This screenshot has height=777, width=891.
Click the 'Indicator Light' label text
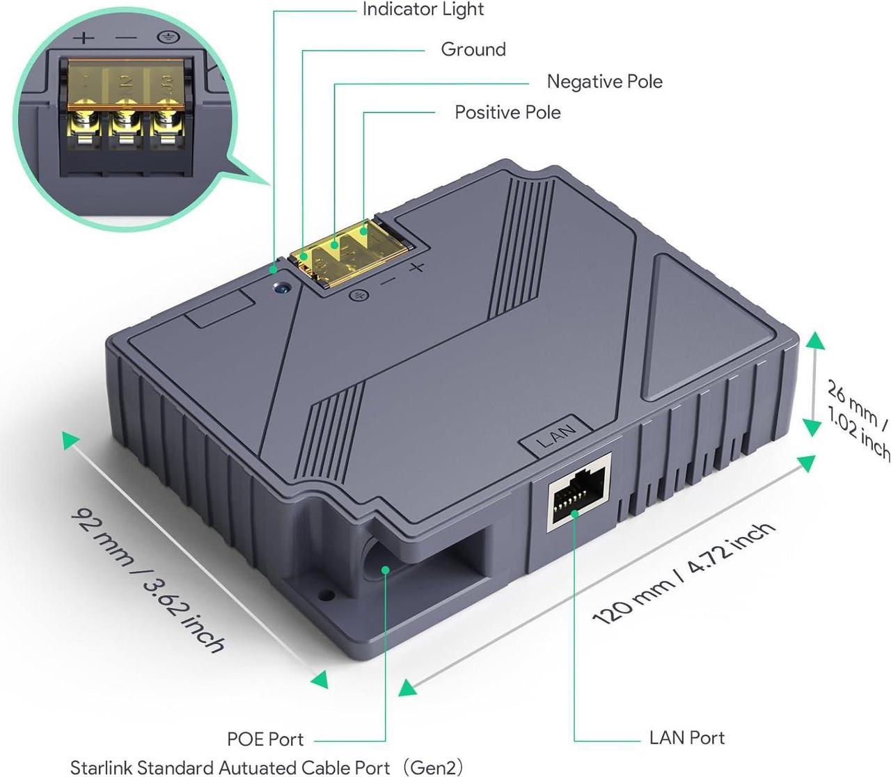[423, 10]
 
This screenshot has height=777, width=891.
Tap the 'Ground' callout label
[473, 49]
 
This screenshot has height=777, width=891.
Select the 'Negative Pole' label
[604, 81]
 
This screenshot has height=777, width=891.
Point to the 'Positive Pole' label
[507, 112]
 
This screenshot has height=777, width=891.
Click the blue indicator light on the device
[282, 285]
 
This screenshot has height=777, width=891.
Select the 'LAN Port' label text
[686, 737]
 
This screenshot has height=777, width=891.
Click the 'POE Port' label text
[265, 739]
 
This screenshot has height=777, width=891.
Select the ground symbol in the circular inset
[165, 37]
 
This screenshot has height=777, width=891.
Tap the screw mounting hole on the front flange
[324, 596]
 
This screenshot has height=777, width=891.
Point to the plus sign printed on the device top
[416, 268]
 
